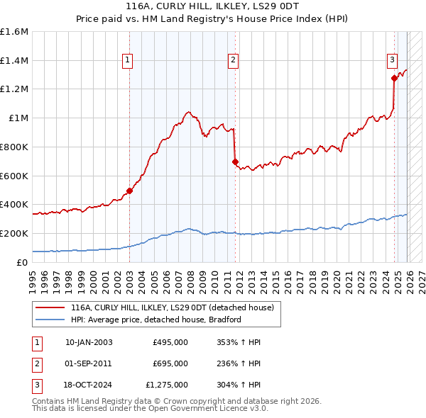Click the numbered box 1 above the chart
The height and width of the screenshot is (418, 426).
126,61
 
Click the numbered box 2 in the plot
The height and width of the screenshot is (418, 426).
232,61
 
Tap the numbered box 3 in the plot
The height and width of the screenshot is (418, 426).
391,61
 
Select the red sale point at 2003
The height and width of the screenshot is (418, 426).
129,191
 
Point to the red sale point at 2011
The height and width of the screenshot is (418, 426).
235,162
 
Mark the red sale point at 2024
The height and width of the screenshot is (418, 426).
394,78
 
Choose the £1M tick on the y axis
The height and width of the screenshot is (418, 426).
19,118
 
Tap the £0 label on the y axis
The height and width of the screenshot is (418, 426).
23,262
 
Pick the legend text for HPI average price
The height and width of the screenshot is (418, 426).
156,320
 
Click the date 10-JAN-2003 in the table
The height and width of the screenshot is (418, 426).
89,342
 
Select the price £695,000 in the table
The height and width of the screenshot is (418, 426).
170,363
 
